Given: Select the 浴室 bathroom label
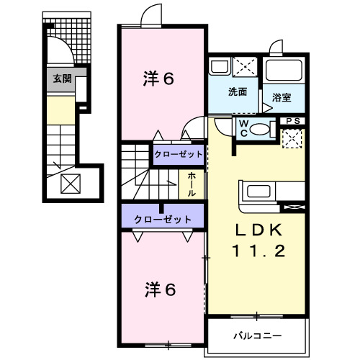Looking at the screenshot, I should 281,96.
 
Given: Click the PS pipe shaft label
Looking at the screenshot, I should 292,120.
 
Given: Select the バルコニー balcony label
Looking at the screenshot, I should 253,336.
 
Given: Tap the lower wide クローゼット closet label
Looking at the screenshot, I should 162,219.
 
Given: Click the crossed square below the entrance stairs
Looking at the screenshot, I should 71,184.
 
